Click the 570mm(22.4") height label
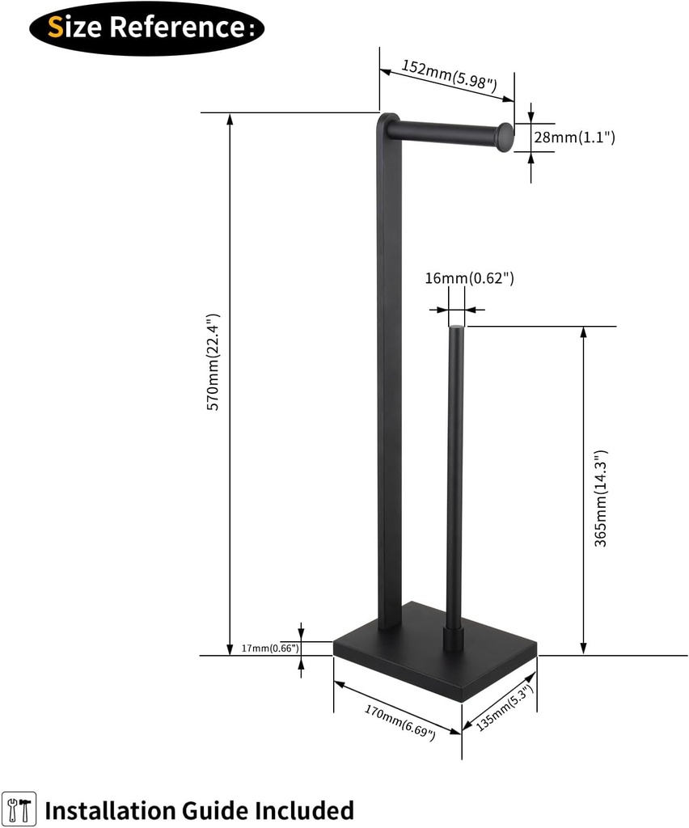click(213, 361)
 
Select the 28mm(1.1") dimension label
click(574, 137)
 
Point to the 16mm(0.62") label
click(470, 279)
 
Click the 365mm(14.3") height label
click(601, 499)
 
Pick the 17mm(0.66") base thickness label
click(270, 648)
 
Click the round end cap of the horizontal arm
click(505, 137)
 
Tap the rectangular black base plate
click(437, 659)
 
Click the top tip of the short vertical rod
click(457, 327)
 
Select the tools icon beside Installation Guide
click(19, 809)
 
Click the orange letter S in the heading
click(56, 27)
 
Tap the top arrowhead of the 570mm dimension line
click(230, 118)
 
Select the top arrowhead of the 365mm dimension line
click(583, 332)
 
